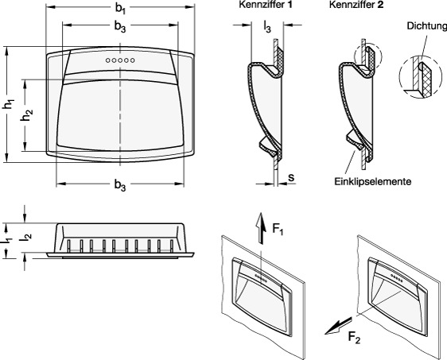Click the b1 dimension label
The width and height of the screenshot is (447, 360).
[120, 9]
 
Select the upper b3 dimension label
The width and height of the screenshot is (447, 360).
[120, 27]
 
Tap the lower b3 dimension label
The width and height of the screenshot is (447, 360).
[120, 185]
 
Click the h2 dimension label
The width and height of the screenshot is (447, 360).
[26, 115]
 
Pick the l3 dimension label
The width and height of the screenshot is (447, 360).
[267, 28]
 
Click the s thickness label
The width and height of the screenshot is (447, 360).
[291, 177]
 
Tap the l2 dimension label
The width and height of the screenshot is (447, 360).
[26, 237]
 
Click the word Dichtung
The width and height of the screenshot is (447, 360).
[427, 26]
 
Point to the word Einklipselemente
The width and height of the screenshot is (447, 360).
[373, 181]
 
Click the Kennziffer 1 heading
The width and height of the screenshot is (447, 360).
[266, 5]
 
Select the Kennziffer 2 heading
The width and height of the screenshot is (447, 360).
[356, 5]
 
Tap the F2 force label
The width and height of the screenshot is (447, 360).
[354, 338]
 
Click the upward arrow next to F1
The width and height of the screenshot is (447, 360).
[261, 228]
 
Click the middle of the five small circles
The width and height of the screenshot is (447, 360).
[120, 60]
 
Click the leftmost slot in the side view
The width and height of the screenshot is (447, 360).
[69, 246]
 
